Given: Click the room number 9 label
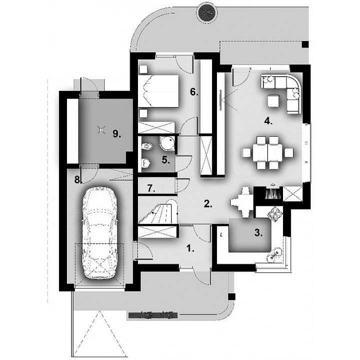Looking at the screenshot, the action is click(x=116, y=133).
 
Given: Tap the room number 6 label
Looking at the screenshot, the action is click(x=194, y=92).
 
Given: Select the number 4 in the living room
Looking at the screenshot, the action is click(x=268, y=121).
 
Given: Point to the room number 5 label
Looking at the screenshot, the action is click(x=165, y=160).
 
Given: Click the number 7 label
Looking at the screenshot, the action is click(x=151, y=188).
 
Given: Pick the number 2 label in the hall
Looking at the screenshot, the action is click(x=208, y=204).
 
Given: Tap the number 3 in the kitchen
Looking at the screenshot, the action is click(x=258, y=233).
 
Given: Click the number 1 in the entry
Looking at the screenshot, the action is click(x=190, y=248).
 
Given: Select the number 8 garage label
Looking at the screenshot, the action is click(x=78, y=180).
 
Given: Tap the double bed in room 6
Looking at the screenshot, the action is click(x=158, y=91).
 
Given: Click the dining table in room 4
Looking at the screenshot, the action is click(x=267, y=152).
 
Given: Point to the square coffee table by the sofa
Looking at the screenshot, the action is click(x=273, y=101).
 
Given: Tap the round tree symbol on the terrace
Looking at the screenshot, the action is click(x=207, y=13).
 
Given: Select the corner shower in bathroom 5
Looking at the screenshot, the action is click(x=167, y=143).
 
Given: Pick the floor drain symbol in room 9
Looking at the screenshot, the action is click(x=101, y=130).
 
